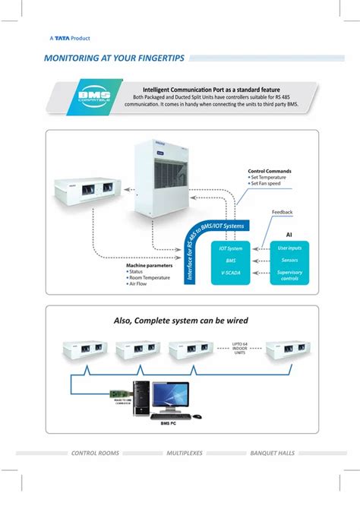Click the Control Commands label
[x=270, y=171]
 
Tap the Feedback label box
[x=283, y=213]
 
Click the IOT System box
[x=231, y=248]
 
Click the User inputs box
[x=289, y=248]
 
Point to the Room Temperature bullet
[x=151, y=278]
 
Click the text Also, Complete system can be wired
[x=181, y=320]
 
